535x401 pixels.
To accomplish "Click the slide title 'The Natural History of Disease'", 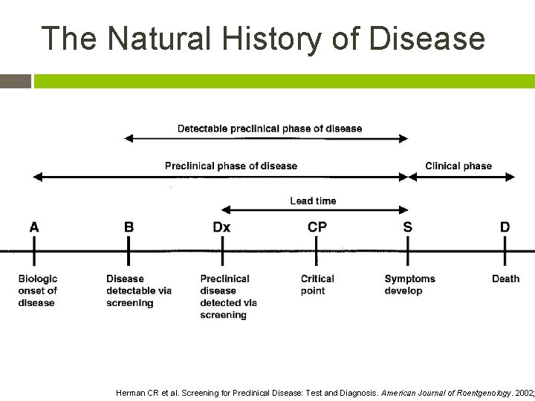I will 263,39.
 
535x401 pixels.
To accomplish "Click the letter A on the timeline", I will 34,226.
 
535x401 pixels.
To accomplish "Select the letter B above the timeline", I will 129,226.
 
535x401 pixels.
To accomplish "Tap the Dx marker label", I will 221,226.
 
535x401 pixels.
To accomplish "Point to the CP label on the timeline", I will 317,226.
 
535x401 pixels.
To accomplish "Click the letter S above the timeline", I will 407,226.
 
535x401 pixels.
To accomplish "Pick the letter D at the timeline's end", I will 505,226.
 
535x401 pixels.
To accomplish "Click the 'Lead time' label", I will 313,200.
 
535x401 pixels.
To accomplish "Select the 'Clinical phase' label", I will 458,166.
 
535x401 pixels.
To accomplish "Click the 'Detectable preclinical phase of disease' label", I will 270,128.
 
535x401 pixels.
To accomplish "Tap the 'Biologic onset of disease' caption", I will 38,290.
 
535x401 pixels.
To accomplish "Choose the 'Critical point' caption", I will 317,284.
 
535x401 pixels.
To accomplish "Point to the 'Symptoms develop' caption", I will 409,284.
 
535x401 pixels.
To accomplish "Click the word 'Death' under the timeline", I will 505,278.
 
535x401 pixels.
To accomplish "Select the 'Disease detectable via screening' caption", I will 139,290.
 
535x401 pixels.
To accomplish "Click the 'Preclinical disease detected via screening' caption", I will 228,296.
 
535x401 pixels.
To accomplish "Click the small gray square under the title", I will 15,81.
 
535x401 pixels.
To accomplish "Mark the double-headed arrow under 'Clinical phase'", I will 461,177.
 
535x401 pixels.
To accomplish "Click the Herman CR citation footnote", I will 325,393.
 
